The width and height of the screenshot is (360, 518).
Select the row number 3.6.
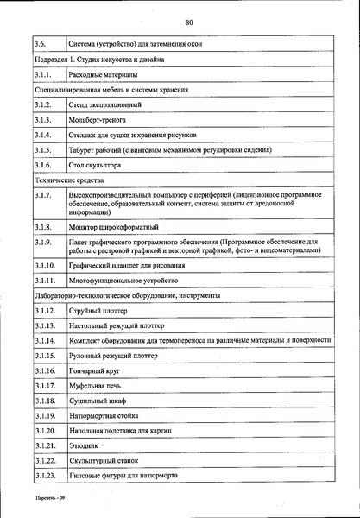click(x=41, y=43)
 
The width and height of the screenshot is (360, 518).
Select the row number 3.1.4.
click(x=44, y=136)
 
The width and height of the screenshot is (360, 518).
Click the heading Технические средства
click(x=72, y=181)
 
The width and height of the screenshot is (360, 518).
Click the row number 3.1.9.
click(x=44, y=248)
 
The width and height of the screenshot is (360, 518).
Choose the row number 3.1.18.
click(x=46, y=401)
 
